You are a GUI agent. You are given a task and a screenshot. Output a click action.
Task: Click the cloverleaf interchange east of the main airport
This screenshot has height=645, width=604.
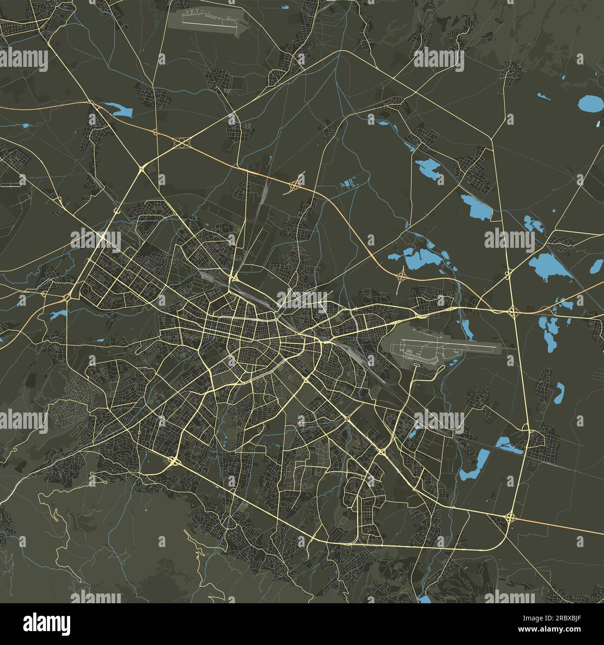pos(512,312)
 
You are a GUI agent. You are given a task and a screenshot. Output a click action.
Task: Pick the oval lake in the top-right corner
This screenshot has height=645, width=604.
pos(589,102)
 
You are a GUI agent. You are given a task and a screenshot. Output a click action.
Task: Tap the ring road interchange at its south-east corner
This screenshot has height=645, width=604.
pos(510,517)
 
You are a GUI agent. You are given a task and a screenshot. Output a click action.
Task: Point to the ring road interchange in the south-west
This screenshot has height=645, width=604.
pos(174,460)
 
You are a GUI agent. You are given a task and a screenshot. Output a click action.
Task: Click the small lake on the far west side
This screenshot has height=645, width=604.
pos(59,315)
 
